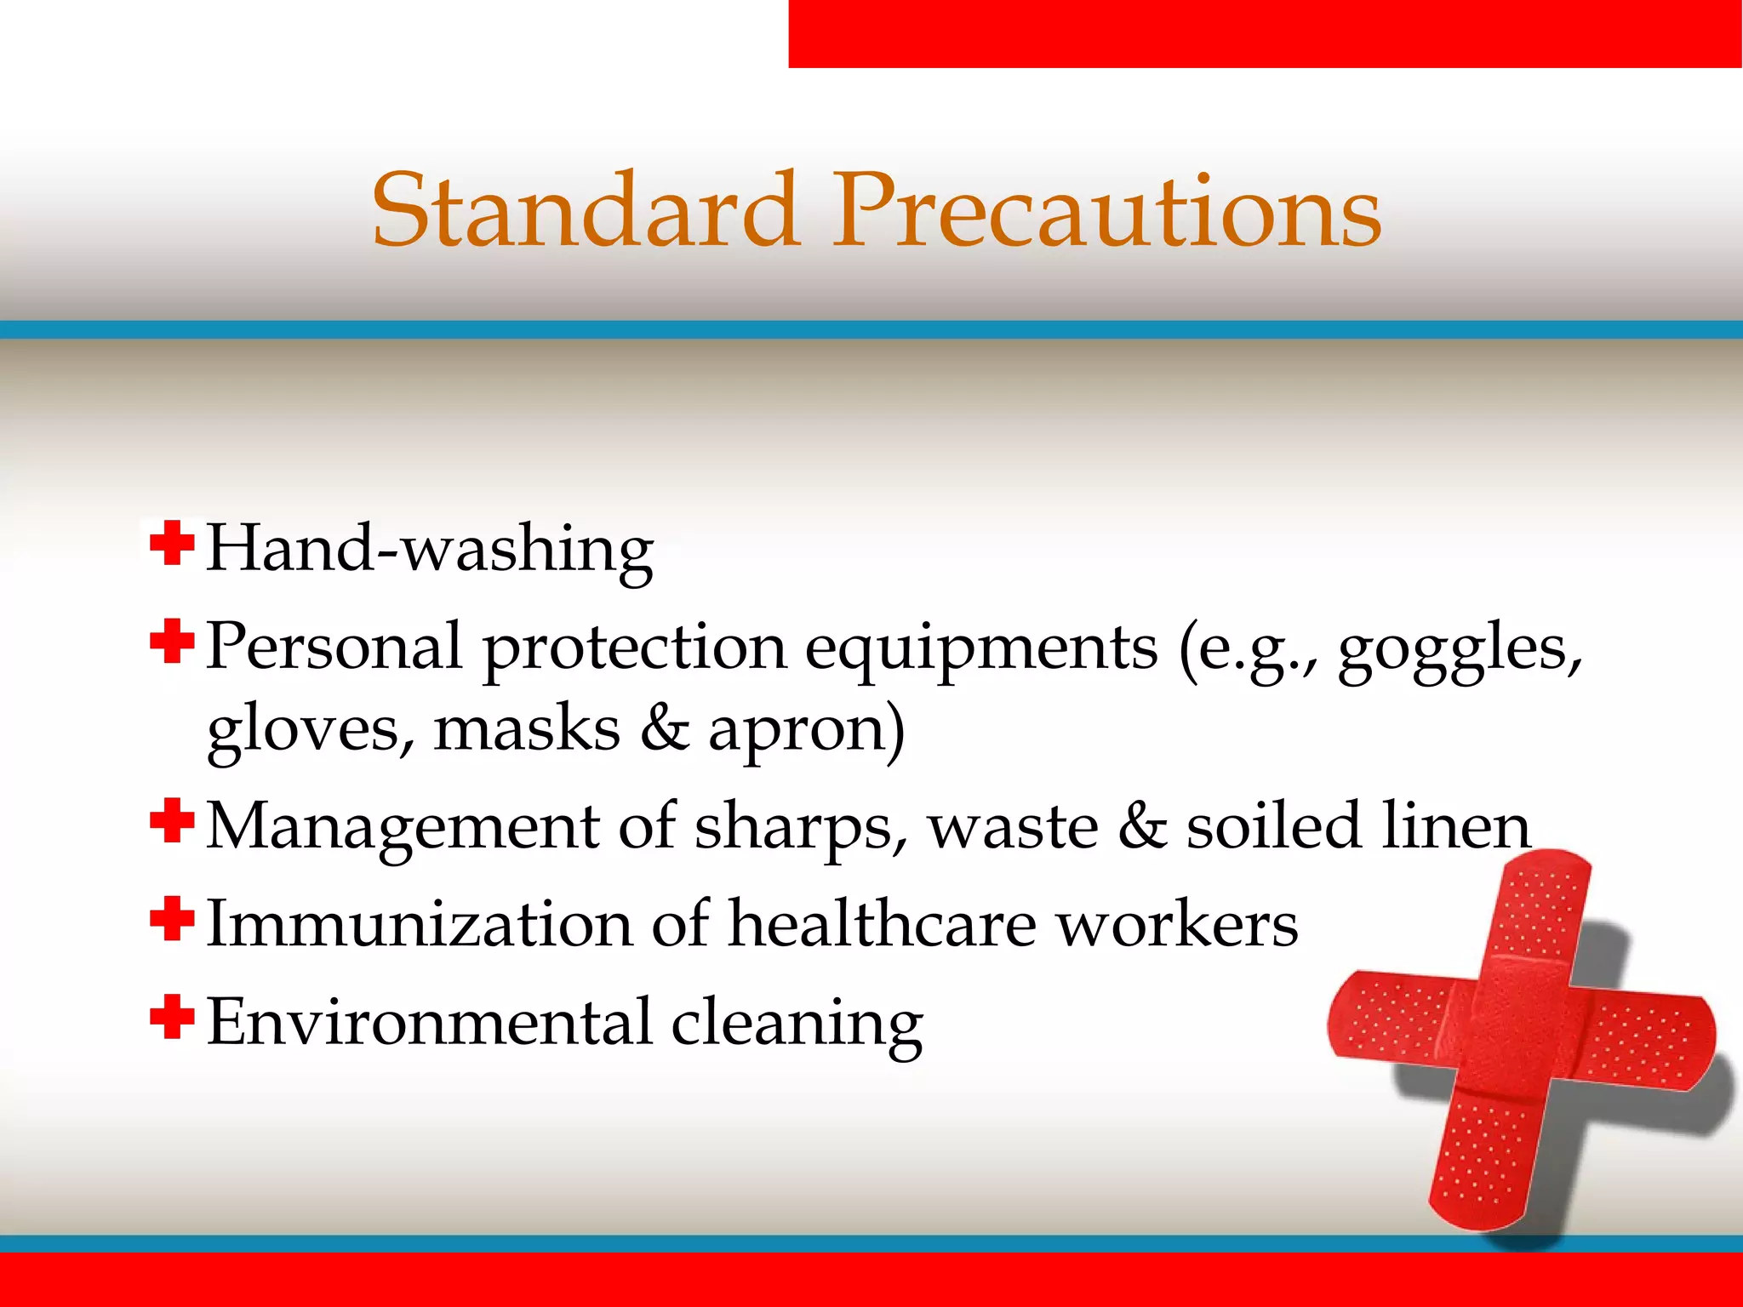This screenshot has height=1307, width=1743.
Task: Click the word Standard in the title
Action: (x=586, y=210)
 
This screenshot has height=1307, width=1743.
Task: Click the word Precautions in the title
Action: (x=1106, y=210)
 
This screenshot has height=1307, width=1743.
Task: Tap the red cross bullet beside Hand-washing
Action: (x=172, y=544)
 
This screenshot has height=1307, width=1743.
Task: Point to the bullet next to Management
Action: (x=172, y=821)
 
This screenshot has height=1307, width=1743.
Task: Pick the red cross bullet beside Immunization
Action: (x=172, y=919)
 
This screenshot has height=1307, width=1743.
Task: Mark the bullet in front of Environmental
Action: (x=172, y=1018)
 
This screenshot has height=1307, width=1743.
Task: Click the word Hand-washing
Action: (x=430, y=549)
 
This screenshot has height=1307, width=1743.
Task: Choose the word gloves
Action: (x=311, y=732)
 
